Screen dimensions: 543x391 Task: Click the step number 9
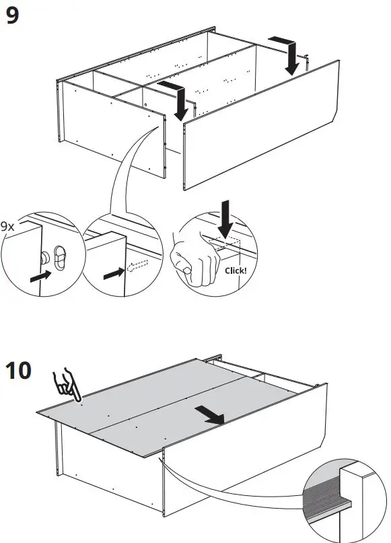point(13,15)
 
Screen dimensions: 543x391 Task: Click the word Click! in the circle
point(236,270)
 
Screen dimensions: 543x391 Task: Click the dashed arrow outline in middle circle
point(137,268)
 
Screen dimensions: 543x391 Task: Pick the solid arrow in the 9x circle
point(40,275)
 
